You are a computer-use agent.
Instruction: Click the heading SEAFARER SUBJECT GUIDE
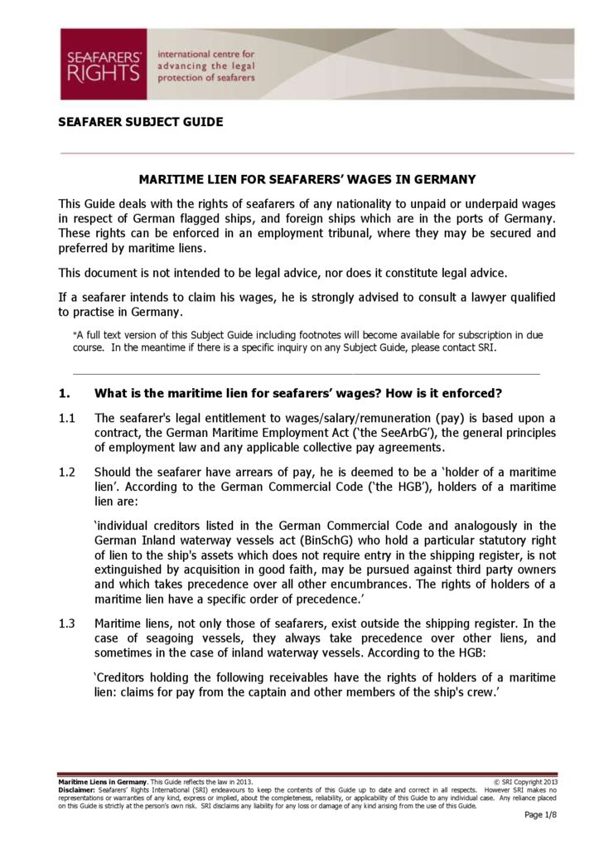(x=141, y=122)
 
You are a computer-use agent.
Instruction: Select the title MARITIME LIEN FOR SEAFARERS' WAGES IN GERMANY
(x=307, y=178)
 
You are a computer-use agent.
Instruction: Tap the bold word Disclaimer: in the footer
(x=75, y=790)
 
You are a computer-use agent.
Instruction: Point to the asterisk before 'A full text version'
(x=75, y=334)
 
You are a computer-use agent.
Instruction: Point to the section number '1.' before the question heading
(x=63, y=392)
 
